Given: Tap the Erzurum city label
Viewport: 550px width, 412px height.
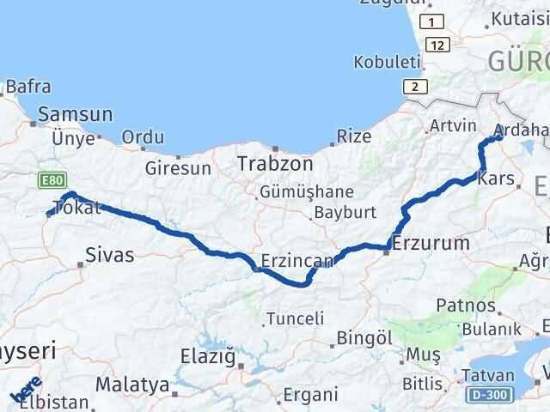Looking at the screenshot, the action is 431,243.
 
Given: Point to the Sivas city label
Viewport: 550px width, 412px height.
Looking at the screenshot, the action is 109,253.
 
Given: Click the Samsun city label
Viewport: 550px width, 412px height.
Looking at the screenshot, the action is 76,114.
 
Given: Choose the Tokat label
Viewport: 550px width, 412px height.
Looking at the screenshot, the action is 77,208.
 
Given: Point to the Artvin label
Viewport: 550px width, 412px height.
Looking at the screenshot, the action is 452,126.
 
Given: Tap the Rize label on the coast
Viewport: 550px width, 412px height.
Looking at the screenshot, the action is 354,136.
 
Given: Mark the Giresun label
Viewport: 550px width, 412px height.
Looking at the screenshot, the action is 178,168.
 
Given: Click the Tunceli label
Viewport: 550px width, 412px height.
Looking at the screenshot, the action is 295,318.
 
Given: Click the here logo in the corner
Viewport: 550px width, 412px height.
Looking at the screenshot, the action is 26,391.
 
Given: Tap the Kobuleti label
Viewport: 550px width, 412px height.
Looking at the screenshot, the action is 387,63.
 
